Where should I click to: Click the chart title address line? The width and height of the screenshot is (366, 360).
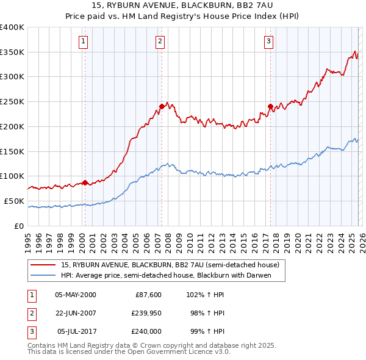coord(182,5)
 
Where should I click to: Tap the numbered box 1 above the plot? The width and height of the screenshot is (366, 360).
coord(83,41)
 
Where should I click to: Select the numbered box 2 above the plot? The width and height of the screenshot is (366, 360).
coord(160,41)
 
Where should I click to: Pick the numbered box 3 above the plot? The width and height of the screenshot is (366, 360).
coord(268,41)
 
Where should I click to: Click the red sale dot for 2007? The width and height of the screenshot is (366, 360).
coord(162,106)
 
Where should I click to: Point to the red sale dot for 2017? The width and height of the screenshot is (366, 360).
coord(270,106)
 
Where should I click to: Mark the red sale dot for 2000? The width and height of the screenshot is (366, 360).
coord(85,182)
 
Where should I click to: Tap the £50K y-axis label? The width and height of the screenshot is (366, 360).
coord(14,201)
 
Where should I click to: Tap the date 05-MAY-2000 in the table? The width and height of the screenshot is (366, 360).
coord(75,295)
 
